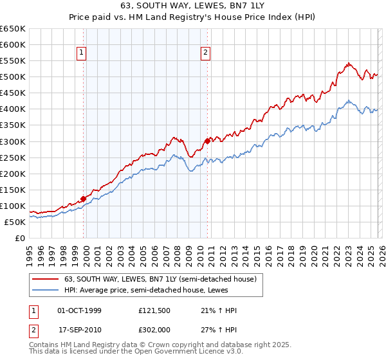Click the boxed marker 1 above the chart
(83, 53)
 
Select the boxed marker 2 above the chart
(205, 53)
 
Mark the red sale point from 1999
(83, 199)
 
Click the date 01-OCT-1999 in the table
(79, 310)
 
